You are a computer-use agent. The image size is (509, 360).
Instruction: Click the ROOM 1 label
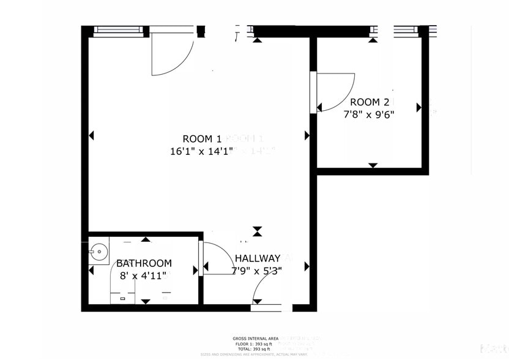pyautogui.click(x=202, y=138)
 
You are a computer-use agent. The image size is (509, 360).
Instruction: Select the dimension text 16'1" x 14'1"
pyautogui.click(x=202, y=151)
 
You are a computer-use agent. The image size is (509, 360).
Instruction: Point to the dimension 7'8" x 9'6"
pyautogui.click(x=367, y=114)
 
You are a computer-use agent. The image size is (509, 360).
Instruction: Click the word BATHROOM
pyautogui.click(x=144, y=263)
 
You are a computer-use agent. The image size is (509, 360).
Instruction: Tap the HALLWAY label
pyautogui.click(x=257, y=258)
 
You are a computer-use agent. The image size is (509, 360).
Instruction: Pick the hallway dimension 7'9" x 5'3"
pyautogui.click(x=256, y=270)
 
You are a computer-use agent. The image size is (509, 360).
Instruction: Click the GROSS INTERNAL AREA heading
pyautogui.click(x=255, y=339)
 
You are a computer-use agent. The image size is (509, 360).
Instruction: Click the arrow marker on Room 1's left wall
pyautogui.click(x=92, y=135)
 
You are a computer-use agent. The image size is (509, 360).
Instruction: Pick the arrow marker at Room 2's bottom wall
pyautogui.click(x=373, y=165)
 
